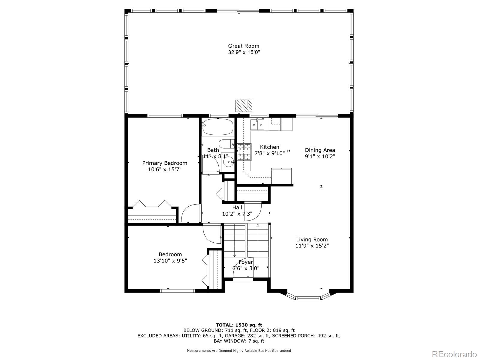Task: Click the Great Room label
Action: pyautogui.click(x=244, y=46)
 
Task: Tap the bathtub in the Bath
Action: pyautogui.click(x=217, y=127)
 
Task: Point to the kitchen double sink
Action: pyautogui.click(x=257, y=124)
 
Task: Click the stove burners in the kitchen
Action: pyautogui.click(x=244, y=152)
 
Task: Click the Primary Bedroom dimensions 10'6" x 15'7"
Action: pyautogui.click(x=165, y=169)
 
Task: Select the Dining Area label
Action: pyautogui.click(x=320, y=150)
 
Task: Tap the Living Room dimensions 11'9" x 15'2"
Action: pyautogui.click(x=312, y=246)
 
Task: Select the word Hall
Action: pyautogui.click(x=237, y=208)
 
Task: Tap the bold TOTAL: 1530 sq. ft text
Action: pyautogui.click(x=239, y=325)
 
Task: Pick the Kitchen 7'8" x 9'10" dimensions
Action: pyautogui.click(x=269, y=153)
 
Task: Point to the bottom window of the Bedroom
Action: pyautogui.click(x=177, y=290)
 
